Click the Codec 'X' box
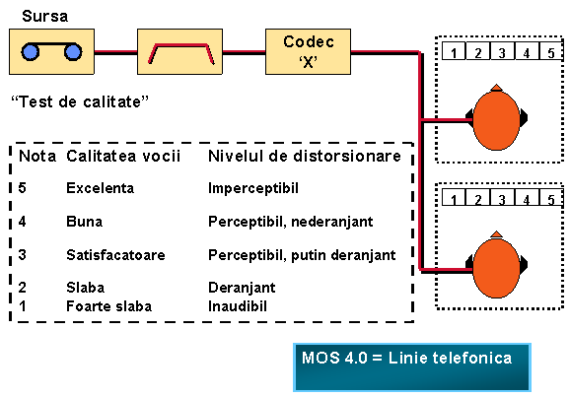[x=308, y=52]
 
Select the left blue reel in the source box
[x=31, y=52]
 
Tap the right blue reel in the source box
[x=73, y=52]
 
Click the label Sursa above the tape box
[x=45, y=17]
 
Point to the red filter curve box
[x=180, y=52]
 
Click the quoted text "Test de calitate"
[x=80, y=101]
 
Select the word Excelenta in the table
[x=101, y=188]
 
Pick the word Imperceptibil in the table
[x=253, y=188]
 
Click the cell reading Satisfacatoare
[x=115, y=255]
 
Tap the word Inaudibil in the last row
[x=238, y=306]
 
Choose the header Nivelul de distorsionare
[x=305, y=157]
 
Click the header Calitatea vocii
[x=123, y=157]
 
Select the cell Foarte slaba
[x=108, y=306]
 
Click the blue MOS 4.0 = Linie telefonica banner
[x=412, y=367]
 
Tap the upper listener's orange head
[x=496, y=119]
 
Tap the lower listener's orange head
[x=496, y=267]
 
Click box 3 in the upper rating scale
[x=502, y=51]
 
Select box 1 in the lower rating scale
[x=454, y=197]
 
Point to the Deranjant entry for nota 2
[x=242, y=288]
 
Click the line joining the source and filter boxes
[x=115, y=52]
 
